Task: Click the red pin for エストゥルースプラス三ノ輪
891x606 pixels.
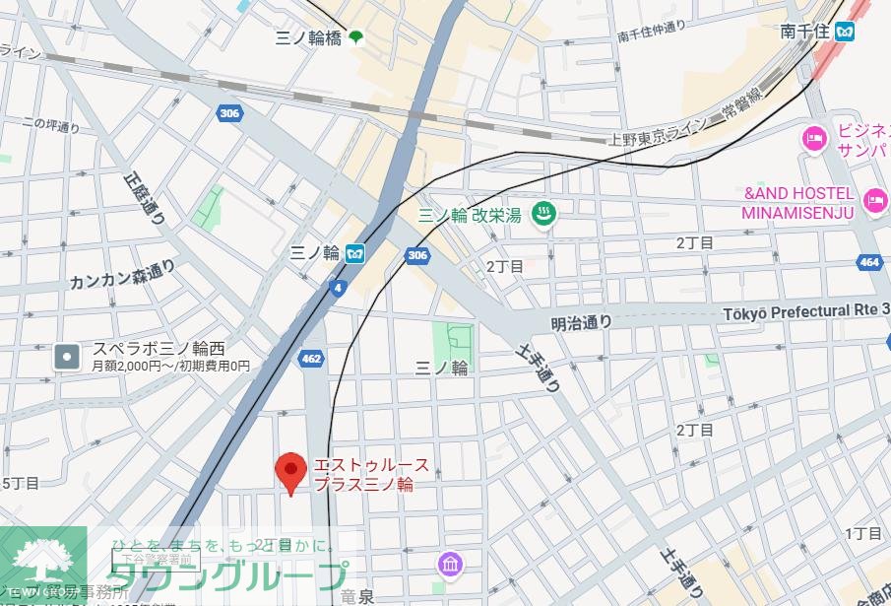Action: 289,472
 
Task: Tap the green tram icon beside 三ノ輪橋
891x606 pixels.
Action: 354,37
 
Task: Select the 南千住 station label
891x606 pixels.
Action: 803,32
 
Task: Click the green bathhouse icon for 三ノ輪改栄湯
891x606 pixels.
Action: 541,212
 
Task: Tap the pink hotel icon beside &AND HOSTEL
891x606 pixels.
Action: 874,201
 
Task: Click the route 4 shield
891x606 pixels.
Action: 339,288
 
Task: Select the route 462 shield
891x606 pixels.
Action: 311,359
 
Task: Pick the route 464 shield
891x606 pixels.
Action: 868,262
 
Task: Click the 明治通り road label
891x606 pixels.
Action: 581,322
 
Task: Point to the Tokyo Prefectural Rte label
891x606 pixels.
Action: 806,311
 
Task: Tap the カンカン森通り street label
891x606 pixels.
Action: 121,274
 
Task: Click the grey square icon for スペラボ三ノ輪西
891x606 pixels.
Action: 67,356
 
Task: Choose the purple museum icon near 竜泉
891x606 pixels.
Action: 450,565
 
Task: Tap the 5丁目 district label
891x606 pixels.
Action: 20,483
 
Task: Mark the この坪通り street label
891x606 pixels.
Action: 50,125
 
